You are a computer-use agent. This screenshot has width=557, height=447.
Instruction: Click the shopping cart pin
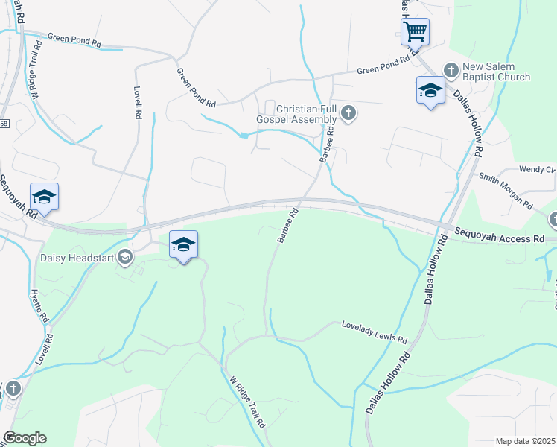415,33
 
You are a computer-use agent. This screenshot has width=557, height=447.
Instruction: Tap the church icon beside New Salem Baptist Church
450,70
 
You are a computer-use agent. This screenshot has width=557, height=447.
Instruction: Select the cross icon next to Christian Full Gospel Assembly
348,114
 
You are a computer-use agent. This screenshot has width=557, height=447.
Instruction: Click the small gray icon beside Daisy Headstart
125,257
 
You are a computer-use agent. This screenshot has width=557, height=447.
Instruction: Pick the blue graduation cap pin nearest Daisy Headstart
183,245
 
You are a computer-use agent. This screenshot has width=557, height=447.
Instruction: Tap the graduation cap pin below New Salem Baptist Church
430,91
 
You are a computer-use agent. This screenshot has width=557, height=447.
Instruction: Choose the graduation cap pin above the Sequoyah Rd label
44,197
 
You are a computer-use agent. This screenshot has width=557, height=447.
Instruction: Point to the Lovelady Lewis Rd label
375,333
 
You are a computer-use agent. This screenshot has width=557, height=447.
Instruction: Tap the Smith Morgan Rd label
506,190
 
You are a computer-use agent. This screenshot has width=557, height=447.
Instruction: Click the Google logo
25,438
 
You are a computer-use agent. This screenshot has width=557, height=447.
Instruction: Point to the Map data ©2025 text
525,440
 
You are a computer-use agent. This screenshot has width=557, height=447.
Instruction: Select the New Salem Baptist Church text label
497,72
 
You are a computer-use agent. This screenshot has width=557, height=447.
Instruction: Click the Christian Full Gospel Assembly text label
296,114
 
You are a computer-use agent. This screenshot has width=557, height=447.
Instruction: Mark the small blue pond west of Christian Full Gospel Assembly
244,135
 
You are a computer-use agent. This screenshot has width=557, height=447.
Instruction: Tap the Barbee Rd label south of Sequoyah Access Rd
287,225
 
